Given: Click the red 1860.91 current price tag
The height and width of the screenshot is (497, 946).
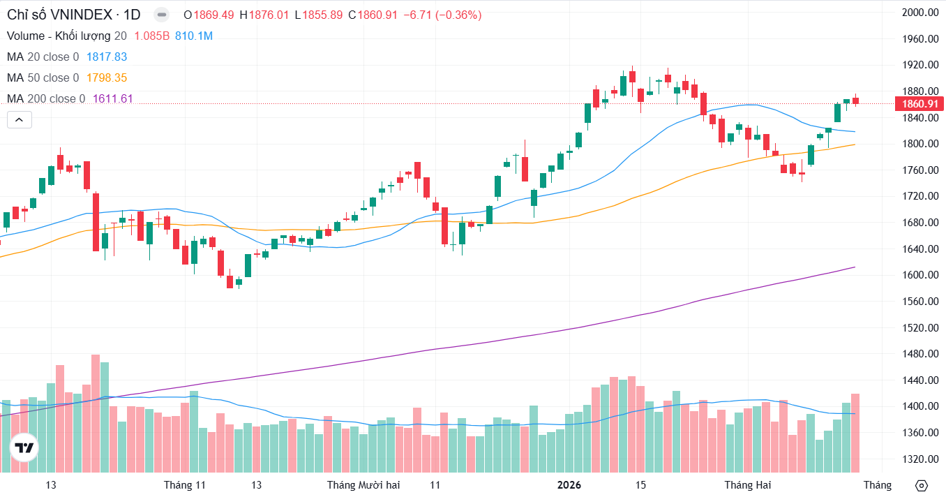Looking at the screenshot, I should coord(920,104).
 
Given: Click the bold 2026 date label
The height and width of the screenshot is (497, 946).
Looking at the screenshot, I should coord(570,485).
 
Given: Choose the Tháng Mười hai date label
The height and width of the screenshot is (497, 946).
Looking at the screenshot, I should coord(363,485).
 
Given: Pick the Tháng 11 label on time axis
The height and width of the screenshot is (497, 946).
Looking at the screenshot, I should coord(185,485).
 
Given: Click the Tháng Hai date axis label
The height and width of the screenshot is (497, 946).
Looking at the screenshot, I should coord(748,485).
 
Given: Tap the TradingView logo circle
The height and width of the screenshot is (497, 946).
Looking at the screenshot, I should coord(24,448).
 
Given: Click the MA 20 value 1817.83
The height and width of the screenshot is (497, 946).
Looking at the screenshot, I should coord(106,57).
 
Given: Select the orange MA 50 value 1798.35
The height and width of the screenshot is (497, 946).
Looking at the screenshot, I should coord(106,78).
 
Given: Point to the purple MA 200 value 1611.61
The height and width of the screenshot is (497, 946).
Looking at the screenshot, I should coord(112,99).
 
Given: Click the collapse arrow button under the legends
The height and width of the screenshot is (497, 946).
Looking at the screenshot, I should coord(20,120).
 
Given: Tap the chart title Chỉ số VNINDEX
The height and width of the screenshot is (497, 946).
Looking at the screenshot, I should coord(54,15).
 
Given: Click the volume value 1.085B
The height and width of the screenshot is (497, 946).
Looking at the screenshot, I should coord(152,36).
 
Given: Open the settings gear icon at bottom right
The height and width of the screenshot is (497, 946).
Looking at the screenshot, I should coord(921,486).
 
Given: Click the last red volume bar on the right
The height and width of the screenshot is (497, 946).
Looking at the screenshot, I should coord(855,433).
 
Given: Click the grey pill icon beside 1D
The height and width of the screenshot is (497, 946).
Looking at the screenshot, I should coord(161,15).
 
